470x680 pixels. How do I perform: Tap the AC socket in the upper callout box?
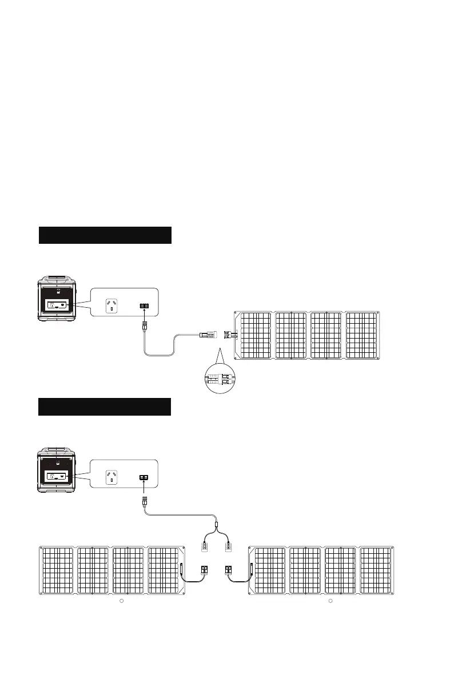(x=111, y=307)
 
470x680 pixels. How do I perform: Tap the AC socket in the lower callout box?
(x=111, y=478)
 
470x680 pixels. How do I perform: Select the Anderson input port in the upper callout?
(x=144, y=307)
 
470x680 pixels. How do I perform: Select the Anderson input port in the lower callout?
(x=144, y=478)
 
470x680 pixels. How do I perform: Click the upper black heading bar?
(x=105, y=235)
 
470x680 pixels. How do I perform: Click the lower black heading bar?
(x=105, y=407)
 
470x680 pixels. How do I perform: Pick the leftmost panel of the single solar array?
(x=254, y=335)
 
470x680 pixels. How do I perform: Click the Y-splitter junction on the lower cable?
(x=217, y=524)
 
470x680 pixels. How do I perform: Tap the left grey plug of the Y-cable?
(x=204, y=546)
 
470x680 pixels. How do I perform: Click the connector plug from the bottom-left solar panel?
(x=204, y=570)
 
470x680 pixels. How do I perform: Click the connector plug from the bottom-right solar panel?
(x=229, y=570)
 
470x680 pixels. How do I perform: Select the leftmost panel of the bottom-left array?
(x=57, y=572)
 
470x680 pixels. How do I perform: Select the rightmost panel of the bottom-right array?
(x=376, y=572)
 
